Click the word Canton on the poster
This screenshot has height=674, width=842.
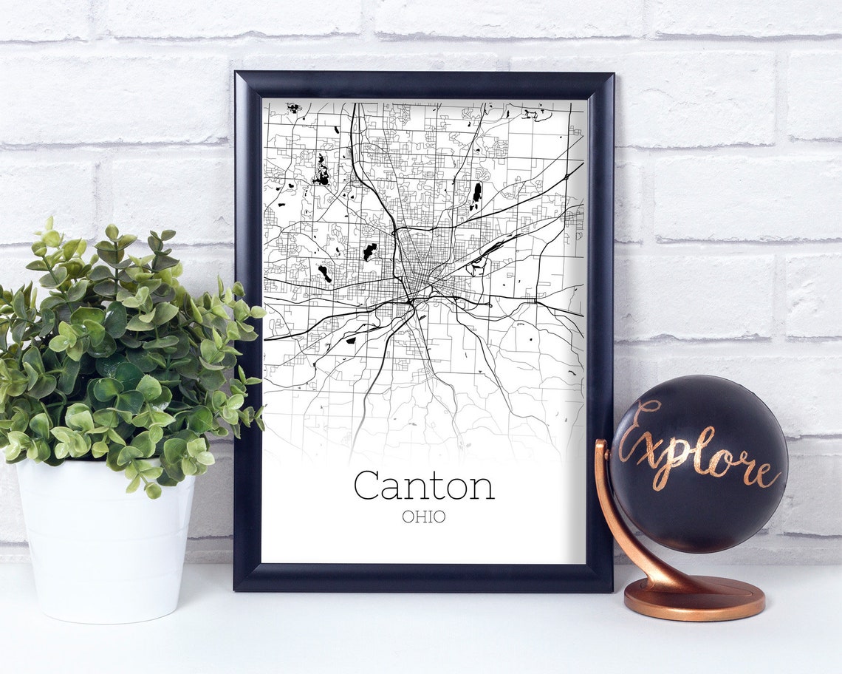click(x=423, y=486)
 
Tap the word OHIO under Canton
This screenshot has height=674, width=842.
click(x=424, y=517)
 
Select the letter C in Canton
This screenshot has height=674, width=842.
click(x=368, y=486)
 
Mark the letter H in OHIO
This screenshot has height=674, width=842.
click(x=419, y=517)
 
